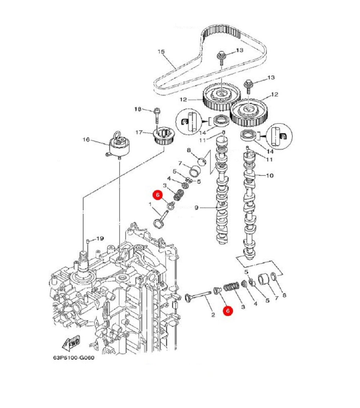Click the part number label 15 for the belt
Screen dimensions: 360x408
161,51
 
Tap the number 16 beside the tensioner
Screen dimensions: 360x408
86,140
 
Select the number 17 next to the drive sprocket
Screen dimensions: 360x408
139,132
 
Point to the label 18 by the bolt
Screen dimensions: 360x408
138,109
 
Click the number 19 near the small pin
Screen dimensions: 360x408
100,238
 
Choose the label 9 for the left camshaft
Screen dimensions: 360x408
197,208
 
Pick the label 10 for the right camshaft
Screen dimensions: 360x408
270,176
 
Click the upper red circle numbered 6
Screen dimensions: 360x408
158,195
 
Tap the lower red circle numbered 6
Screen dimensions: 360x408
228,311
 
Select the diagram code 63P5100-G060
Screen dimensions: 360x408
74,358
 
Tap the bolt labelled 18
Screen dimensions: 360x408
157,115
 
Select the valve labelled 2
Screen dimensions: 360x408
198,296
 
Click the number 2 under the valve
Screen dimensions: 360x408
213,315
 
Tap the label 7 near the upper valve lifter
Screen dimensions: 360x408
180,163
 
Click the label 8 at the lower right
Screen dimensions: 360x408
284,295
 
